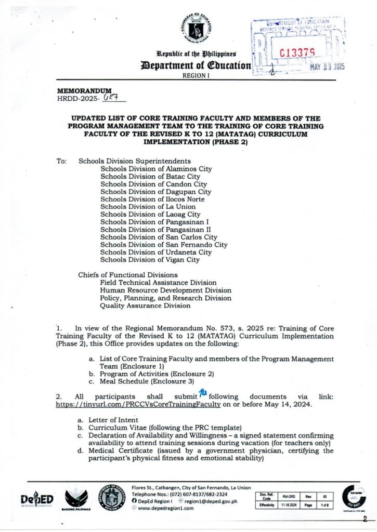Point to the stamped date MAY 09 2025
click(x=327, y=67)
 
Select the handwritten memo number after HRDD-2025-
click(x=112, y=97)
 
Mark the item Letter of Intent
click(x=113, y=419)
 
